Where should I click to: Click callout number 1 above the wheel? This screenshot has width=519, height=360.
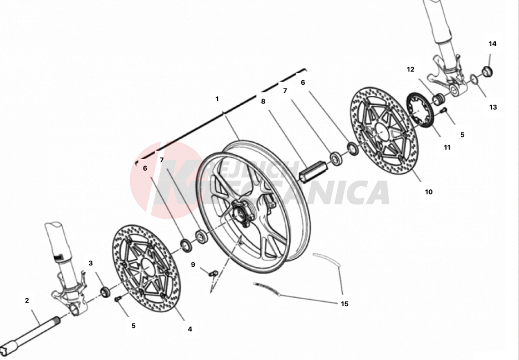click(217, 99)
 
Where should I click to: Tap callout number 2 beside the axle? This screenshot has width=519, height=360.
click(27, 301)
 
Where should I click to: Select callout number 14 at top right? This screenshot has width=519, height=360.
click(492, 44)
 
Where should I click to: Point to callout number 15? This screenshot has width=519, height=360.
click(345, 304)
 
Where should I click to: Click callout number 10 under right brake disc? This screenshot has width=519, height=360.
click(429, 192)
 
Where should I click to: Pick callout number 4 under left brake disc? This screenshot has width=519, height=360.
click(190, 328)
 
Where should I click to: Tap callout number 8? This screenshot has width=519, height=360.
click(263, 101)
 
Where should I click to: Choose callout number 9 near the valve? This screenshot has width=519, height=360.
click(193, 265)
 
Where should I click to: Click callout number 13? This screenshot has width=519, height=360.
click(493, 107)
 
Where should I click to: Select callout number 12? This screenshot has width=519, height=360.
click(410, 70)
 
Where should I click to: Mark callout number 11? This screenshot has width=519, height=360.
click(447, 147)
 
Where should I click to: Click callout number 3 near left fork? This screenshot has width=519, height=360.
click(91, 263)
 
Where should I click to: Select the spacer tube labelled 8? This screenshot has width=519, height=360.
click(310, 170)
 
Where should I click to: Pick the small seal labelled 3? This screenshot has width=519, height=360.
click(104, 291)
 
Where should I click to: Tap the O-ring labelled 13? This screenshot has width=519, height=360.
click(474, 81)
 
